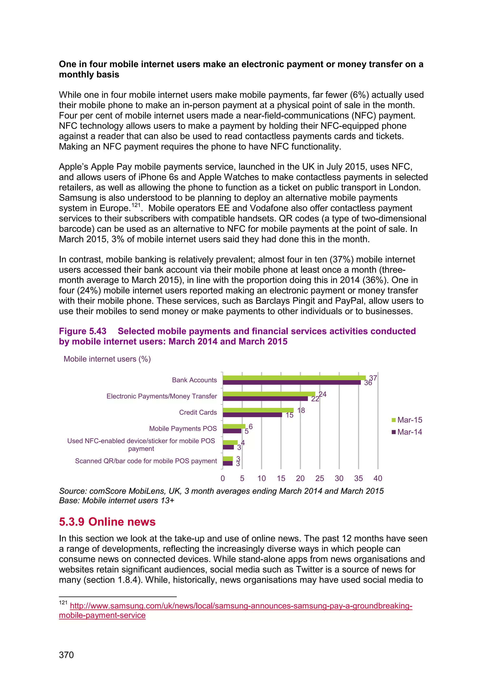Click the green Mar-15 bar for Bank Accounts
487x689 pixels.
coord(294,378)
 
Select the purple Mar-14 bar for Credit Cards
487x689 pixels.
coord(252,415)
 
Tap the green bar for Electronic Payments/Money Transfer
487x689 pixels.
coord(269,394)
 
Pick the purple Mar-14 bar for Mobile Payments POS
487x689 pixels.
coord(232,431)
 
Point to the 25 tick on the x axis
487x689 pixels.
coord(320,478)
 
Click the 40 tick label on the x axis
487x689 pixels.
coord(378,478)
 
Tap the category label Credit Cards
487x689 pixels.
coord(198,412)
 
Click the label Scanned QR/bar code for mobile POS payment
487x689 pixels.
coord(146,461)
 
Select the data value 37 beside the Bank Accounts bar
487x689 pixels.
coord(373,378)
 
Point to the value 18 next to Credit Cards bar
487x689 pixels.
coord(301,410)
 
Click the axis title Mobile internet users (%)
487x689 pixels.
coord(107,359)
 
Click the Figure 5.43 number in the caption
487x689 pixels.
coord(83,331)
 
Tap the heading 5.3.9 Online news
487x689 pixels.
coord(107,522)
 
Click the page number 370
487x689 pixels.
coord(66,655)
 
